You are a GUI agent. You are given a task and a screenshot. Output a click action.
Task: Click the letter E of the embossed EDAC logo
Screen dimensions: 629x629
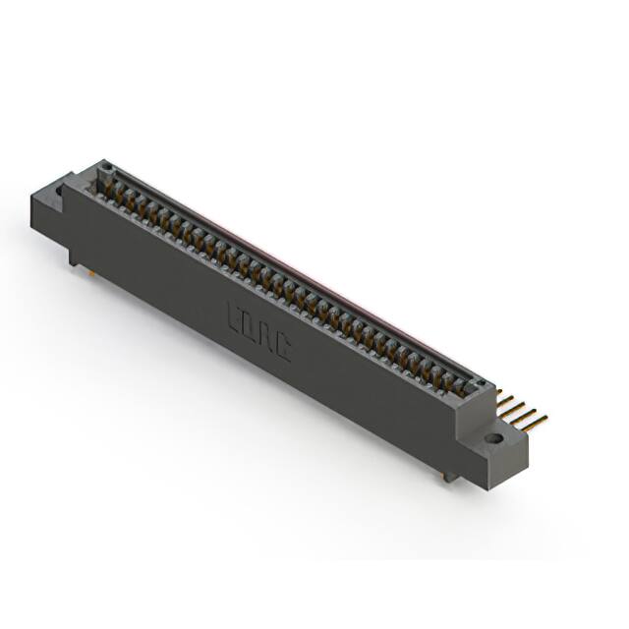pos(236,316)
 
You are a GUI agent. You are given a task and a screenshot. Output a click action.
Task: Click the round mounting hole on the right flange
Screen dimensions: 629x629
pos(492,436)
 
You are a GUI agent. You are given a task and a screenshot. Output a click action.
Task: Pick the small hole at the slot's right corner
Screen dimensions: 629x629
pos(481,382)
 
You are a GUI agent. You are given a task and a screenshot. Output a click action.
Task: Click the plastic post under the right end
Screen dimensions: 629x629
pos(449,477)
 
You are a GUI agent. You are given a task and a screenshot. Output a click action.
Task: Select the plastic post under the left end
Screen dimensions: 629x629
pos(74,257)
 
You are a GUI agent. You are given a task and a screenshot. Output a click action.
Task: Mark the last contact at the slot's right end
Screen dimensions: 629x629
pos(466,386)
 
